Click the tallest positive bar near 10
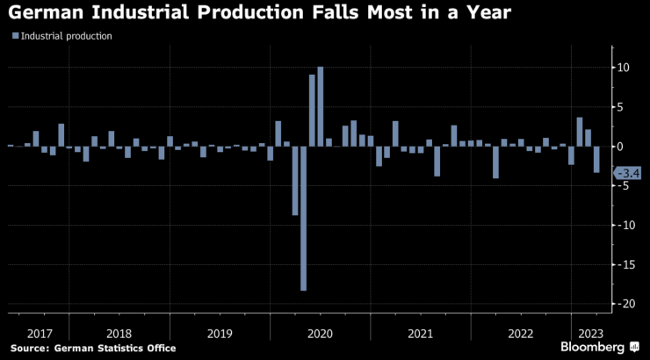tap(320, 106)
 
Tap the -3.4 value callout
tap(628, 173)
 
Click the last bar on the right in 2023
tap(596, 159)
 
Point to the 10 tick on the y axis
tap(621, 68)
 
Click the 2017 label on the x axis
tap(41, 334)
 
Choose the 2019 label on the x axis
tap(220, 334)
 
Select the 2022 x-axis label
tap(520, 334)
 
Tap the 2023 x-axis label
tap(586, 334)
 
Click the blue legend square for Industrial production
tap(15, 36)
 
